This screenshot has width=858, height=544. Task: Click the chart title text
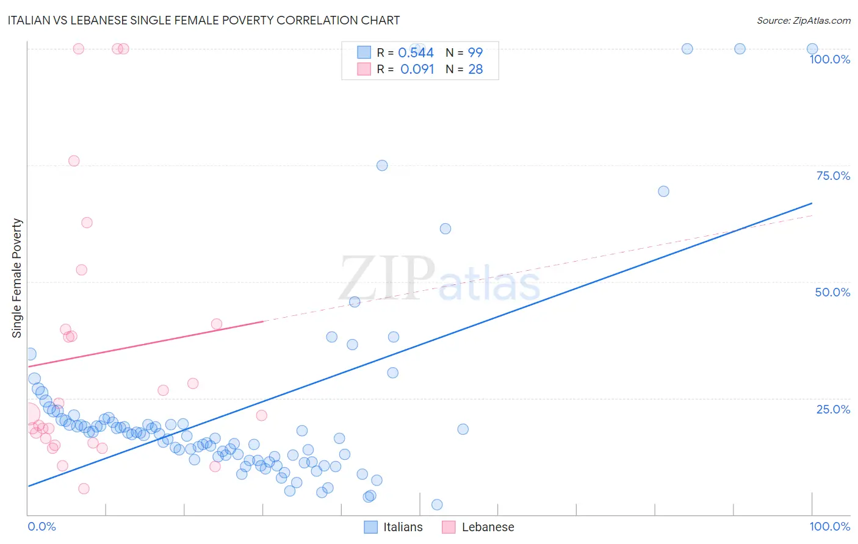point(204,20)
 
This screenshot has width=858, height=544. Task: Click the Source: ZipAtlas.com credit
point(803,20)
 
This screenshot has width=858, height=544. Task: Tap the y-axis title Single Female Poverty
point(17,278)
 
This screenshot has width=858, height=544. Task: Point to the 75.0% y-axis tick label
point(833,176)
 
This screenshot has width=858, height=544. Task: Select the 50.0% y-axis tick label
point(832,292)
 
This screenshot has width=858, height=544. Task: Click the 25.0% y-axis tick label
point(833,409)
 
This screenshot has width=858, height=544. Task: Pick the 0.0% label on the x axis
point(41,526)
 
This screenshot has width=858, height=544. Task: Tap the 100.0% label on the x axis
point(829,526)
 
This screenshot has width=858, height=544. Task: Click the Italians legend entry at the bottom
point(394,527)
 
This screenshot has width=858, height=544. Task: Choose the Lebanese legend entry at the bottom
point(478,527)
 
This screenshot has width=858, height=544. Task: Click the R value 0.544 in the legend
point(416,53)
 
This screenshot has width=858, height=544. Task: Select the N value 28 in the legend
point(475,70)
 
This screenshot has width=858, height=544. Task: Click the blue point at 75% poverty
point(382,165)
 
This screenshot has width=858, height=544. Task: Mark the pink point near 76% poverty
point(74,161)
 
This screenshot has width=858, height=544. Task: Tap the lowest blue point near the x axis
point(437,504)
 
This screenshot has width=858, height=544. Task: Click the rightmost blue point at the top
point(812,49)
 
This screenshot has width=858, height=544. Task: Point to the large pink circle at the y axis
point(28,415)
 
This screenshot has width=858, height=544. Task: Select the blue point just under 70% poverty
point(663,191)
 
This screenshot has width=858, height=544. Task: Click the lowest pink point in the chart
point(84,489)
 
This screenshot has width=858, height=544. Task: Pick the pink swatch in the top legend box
point(364,70)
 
